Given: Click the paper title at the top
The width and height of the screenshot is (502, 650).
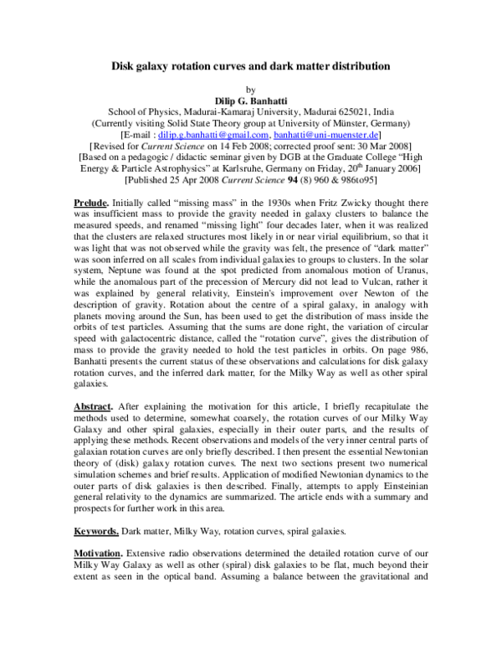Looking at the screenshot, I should tap(250, 65).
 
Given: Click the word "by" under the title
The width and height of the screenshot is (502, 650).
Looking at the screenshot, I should tap(250, 88).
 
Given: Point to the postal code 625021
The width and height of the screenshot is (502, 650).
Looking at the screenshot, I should tap(356, 111).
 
